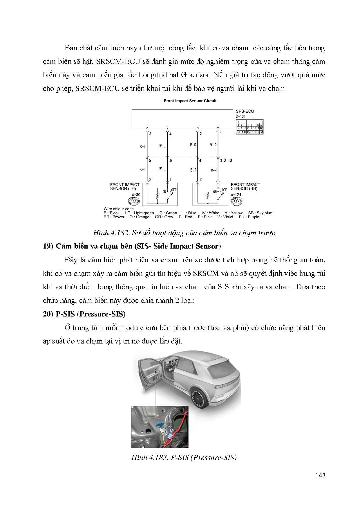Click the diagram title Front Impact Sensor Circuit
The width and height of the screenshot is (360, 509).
[190, 101]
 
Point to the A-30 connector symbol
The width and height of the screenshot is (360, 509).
[134, 201]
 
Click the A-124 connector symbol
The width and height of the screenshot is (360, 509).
[237, 201]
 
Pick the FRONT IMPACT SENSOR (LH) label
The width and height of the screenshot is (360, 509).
[125, 186]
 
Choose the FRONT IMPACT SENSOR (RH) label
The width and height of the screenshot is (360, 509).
[245, 186]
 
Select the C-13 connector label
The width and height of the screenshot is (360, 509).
[228, 160]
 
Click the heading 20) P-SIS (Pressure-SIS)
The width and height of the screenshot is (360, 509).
[84, 314]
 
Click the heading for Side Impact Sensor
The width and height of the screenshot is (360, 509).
[132, 246]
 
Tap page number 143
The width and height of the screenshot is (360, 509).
[320, 475]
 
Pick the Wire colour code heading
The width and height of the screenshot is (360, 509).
[119, 209]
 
